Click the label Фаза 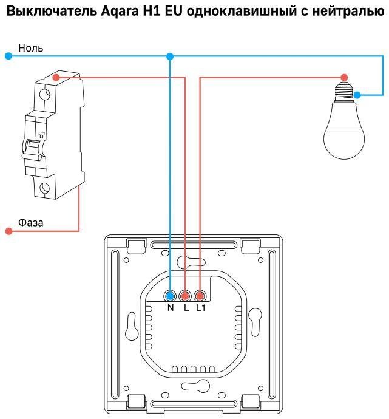pyautogui.click(x=30, y=223)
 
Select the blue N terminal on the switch pyautogui.click(x=171, y=296)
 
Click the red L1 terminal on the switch pyautogui.click(x=200, y=296)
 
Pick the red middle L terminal pyautogui.click(x=185, y=296)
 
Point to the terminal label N pyautogui.click(x=171, y=308)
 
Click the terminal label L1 pyautogui.click(x=200, y=308)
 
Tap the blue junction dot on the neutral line pyautogui.click(x=170, y=56)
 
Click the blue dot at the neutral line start pyautogui.click(x=8, y=56)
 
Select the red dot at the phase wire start pyautogui.click(x=8, y=231)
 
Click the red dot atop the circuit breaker pyautogui.click(x=56, y=77)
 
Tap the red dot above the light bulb pyautogui.click(x=344, y=77)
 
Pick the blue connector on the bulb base pyautogui.click(x=357, y=95)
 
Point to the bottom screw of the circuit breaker pyautogui.click(x=44, y=188)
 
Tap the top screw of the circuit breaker pyautogui.click(x=44, y=95)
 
